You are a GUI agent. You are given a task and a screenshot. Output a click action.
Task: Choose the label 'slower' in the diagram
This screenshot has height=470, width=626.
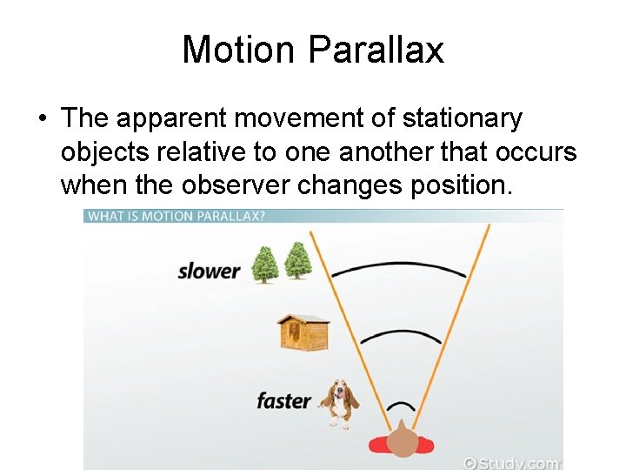coord(209,271)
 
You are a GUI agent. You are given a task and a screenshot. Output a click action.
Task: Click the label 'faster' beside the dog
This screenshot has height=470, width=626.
coord(283,401)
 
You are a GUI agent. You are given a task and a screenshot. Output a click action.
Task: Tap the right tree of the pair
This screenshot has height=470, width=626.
coord(297,260)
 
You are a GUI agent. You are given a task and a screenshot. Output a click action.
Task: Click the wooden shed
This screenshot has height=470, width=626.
coord(303,332)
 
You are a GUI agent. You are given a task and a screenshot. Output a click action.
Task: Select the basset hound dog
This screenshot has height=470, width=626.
coord(339,402)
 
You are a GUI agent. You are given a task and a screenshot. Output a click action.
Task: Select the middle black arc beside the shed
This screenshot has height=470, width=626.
coord(401,336)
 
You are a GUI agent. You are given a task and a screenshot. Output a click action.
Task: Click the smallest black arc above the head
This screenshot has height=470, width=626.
coord(401,406)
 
